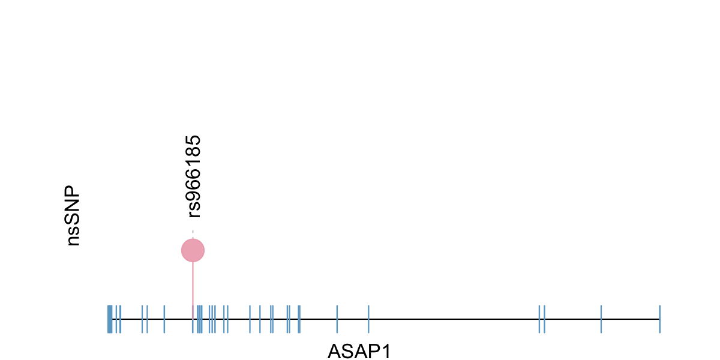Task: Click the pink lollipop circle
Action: (193, 250)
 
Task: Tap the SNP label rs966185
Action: (193, 176)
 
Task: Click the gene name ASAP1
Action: (359, 351)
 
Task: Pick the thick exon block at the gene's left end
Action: (110, 319)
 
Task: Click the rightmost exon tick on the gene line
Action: (659, 319)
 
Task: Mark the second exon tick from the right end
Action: (601, 319)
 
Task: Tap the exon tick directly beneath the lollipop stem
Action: (193, 319)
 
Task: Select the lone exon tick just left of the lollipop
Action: (164, 319)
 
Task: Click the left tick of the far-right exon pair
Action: (539, 319)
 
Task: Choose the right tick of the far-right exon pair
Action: (544, 319)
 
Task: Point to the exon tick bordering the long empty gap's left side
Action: (368, 319)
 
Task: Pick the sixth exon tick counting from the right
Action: (337, 319)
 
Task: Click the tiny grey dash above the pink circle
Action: (193, 232)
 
